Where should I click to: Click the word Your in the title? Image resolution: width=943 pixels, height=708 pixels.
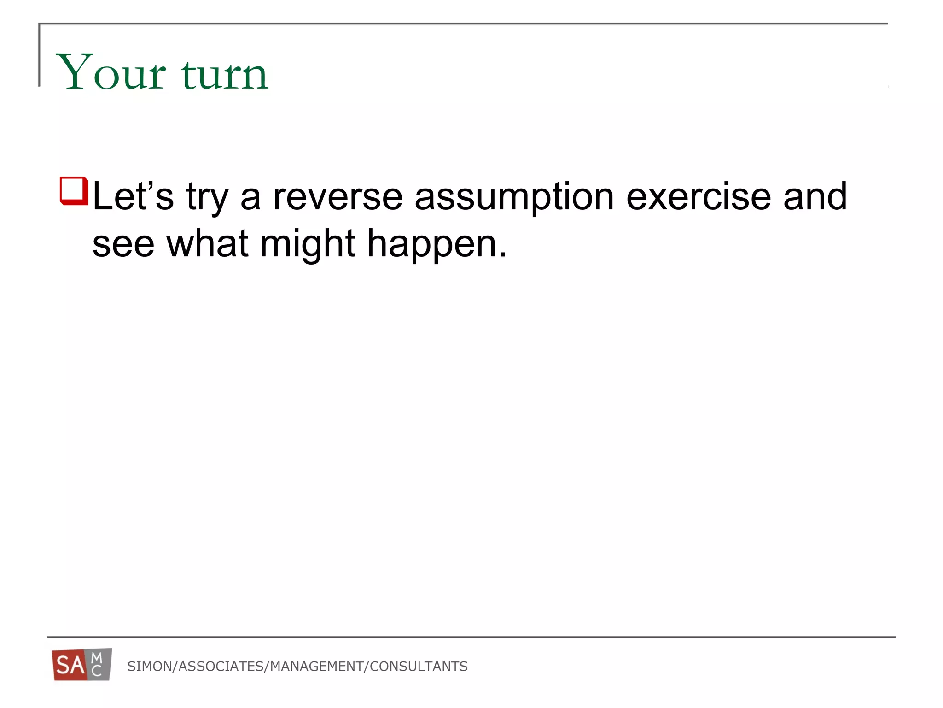(111, 73)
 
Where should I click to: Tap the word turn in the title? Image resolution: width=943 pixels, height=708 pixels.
(225, 74)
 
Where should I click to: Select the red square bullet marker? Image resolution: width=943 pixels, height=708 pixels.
(74, 190)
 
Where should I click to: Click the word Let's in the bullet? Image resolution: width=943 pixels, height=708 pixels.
(133, 196)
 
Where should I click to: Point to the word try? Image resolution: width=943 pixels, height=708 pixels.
(207, 198)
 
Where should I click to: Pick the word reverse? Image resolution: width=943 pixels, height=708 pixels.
(338, 197)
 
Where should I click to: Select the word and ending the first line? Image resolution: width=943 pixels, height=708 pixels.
(815, 196)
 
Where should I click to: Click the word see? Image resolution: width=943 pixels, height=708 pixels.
(123, 244)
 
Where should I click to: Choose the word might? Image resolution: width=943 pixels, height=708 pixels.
(308, 244)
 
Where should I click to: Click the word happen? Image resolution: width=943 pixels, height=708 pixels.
(436, 244)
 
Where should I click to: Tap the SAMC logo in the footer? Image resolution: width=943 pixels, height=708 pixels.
(82, 665)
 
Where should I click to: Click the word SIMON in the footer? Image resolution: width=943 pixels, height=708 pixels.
(149, 667)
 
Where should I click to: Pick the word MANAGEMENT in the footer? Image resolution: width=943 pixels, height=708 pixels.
(317, 667)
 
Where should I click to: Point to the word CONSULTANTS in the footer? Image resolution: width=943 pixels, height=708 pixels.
(419, 667)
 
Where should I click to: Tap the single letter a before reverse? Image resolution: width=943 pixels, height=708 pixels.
(250, 198)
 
